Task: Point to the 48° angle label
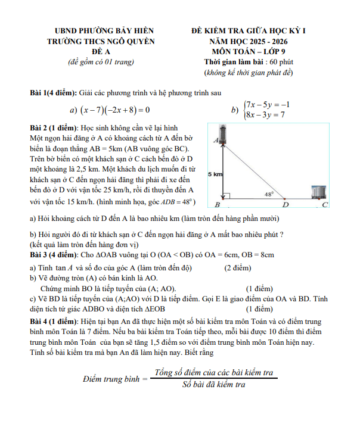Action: (269, 194)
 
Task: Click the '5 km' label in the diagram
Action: (215, 174)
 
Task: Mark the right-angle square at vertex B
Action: (226, 195)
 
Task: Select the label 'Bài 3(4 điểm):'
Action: (54, 255)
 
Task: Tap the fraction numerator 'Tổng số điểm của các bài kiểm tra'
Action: (214, 373)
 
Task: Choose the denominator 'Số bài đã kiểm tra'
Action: (214, 385)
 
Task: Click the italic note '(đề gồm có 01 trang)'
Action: (101, 62)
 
